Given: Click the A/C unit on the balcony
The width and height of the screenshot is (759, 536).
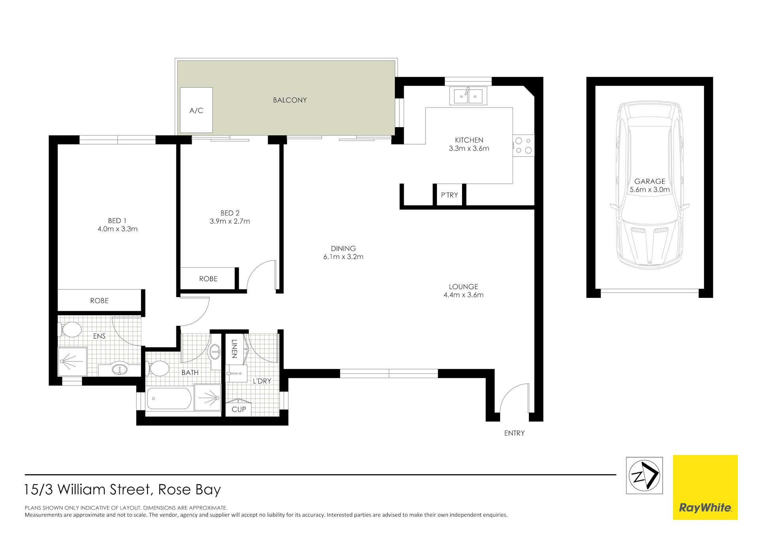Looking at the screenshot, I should point(196,110).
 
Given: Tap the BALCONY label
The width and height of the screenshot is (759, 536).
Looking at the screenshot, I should point(290,100).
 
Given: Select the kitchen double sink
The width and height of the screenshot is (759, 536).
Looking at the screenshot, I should point(468,96).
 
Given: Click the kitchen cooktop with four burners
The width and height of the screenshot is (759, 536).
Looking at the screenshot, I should point(523,145).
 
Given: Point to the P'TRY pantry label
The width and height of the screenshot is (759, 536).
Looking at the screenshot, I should point(449,195).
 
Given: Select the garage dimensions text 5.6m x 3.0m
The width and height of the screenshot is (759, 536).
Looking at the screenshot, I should point(649,190).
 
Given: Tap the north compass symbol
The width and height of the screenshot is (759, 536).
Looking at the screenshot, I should point(644,476).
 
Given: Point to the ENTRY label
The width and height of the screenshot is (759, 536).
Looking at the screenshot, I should point(514,433).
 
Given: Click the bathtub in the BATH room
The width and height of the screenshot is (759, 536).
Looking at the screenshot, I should point(169,399).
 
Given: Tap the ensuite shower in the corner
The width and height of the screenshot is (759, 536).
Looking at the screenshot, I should point(72,361).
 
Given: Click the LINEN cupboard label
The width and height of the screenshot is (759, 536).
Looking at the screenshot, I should point(234,349).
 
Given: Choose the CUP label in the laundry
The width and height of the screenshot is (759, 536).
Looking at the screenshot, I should point(238,410).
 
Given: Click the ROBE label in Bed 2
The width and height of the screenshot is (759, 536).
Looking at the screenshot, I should point(208,279).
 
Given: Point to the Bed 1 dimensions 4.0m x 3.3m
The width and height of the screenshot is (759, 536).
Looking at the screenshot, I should point(117,229).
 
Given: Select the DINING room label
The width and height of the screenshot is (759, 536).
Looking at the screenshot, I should point(343,248).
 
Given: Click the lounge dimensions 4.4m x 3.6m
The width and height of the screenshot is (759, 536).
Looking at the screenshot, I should point(463,295).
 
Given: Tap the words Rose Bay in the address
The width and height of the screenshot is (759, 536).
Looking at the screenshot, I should point(189,490).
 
